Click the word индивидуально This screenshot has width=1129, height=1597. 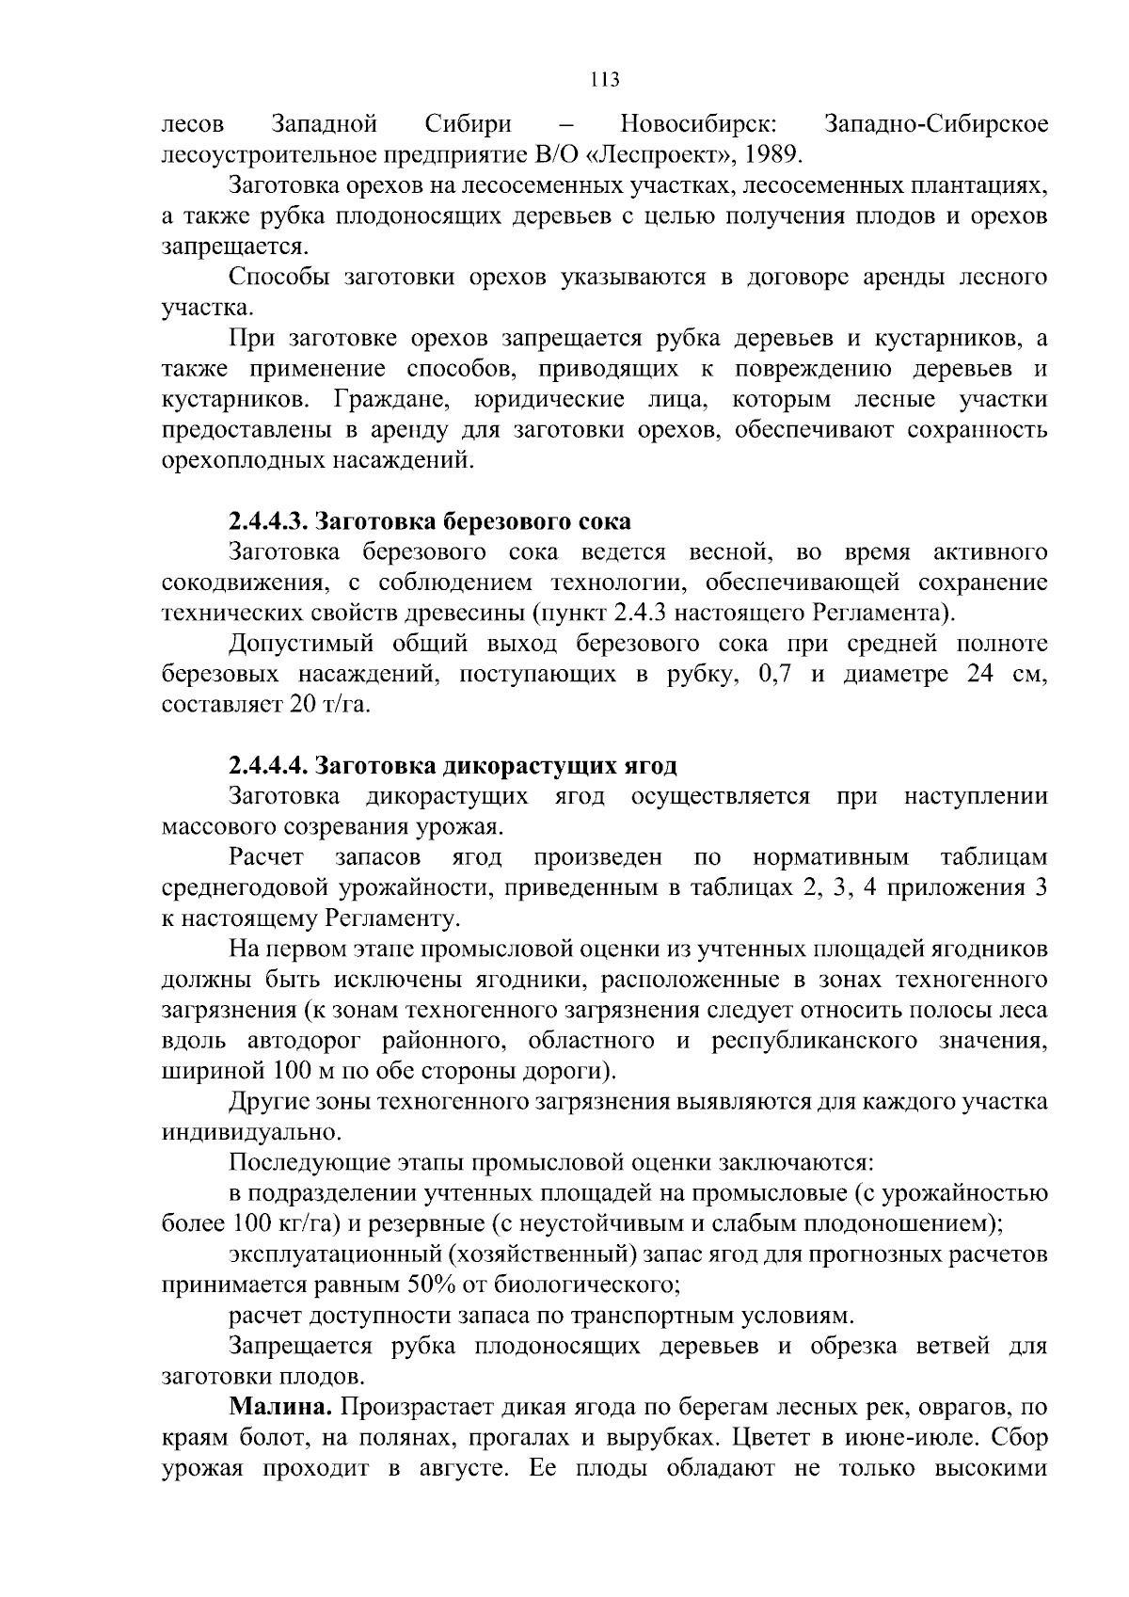pos(246,1132)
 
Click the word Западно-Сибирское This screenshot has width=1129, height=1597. pos(935,124)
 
